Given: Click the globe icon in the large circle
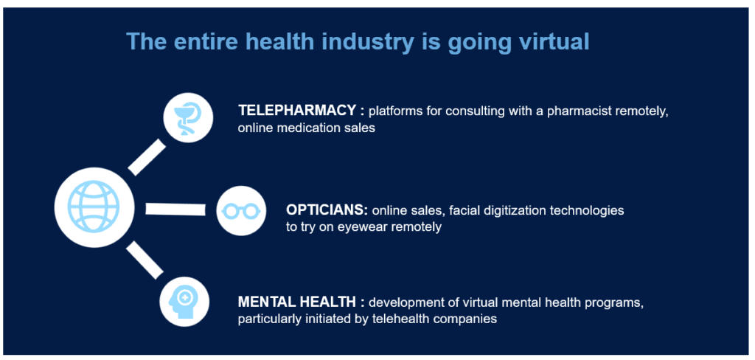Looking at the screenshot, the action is [x=94, y=207].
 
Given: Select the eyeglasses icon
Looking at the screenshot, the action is [x=241, y=210].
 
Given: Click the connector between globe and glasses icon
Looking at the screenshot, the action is [x=175, y=210].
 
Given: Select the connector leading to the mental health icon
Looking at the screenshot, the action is [x=145, y=260].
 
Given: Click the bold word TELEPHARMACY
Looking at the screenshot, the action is [x=297, y=111].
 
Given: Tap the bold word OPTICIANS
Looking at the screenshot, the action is [x=327, y=210].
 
